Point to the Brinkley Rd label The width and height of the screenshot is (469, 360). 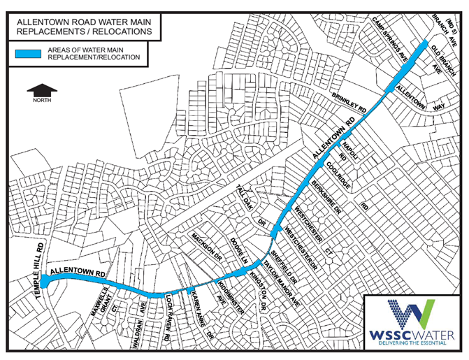pos(349,104)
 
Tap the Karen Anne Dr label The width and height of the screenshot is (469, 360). pos(201,317)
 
